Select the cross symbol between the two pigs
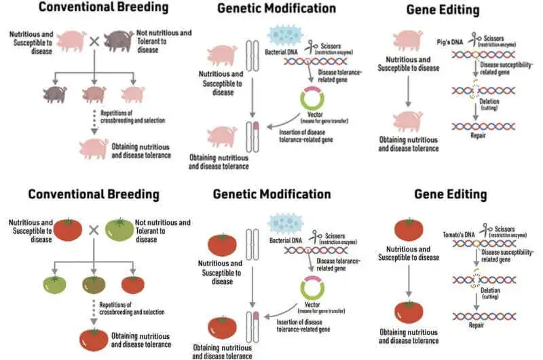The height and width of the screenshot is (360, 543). (94, 41)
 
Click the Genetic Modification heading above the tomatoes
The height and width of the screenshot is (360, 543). (272, 194)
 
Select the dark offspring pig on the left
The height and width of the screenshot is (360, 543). (54, 94)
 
